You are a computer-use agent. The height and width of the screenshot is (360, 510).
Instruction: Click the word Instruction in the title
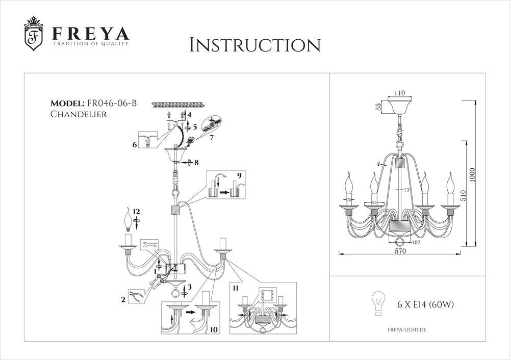coord(254,44)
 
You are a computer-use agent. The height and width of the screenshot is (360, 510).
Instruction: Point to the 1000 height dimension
coord(472,175)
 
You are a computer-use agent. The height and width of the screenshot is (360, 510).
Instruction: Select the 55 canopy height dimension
coord(378,107)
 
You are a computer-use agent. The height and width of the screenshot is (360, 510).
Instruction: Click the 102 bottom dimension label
coord(416,243)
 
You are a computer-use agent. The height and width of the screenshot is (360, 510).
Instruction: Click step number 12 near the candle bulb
coord(136,211)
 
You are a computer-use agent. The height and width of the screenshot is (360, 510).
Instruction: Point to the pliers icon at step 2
coord(135,297)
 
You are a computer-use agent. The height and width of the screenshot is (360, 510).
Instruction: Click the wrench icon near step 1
coord(151,245)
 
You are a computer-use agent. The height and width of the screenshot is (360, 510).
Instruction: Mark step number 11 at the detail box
coord(236,289)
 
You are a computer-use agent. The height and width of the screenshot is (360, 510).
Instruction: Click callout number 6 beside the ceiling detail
coord(135,145)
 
